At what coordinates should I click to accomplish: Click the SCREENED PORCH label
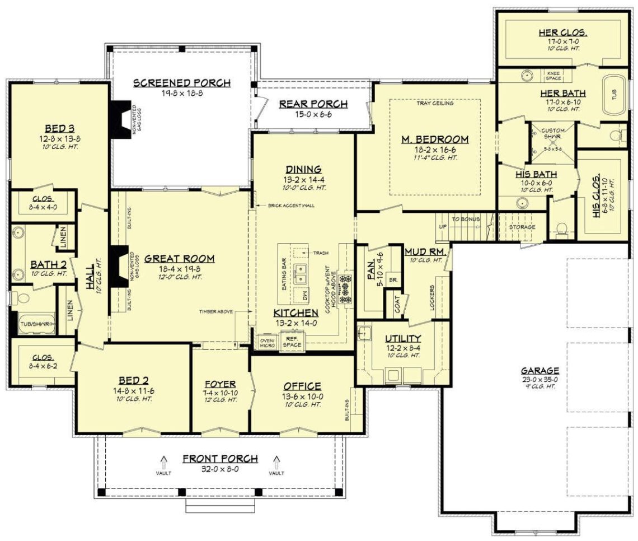[181, 83]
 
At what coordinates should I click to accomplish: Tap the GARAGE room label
[540, 370]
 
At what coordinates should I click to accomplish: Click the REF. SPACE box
[292, 342]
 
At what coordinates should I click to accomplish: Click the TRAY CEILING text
[434, 103]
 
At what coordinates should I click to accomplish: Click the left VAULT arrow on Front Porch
[164, 462]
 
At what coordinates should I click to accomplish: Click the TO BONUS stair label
[466, 219]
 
